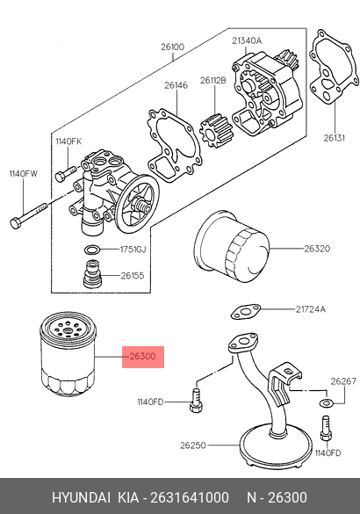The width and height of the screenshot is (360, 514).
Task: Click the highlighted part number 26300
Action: point(143,357)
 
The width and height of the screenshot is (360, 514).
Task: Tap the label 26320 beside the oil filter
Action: point(317,249)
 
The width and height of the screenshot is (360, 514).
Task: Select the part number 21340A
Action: point(247,41)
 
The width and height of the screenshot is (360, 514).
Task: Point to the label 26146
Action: point(176,85)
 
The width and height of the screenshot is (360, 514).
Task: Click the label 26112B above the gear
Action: point(213,80)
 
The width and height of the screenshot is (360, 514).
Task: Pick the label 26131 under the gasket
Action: point(335,138)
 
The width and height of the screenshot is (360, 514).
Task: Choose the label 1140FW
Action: point(23,173)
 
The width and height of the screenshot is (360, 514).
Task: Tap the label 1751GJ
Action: point(133,250)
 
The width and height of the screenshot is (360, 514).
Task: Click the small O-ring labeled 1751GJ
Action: point(91,250)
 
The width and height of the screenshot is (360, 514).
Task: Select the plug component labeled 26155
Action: point(93,274)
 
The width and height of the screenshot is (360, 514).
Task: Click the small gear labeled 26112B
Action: point(215,130)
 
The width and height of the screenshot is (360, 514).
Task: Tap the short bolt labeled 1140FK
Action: point(66,173)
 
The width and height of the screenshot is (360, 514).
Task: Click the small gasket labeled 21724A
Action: point(246,312)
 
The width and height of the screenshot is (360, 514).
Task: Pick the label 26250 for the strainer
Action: point(193,445)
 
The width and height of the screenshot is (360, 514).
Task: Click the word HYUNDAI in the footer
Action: point(82,497)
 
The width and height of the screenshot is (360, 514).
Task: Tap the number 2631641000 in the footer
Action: point(190,497)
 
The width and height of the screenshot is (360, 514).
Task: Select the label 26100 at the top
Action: point(173,47)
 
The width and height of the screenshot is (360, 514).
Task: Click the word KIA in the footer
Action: point(128,497)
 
